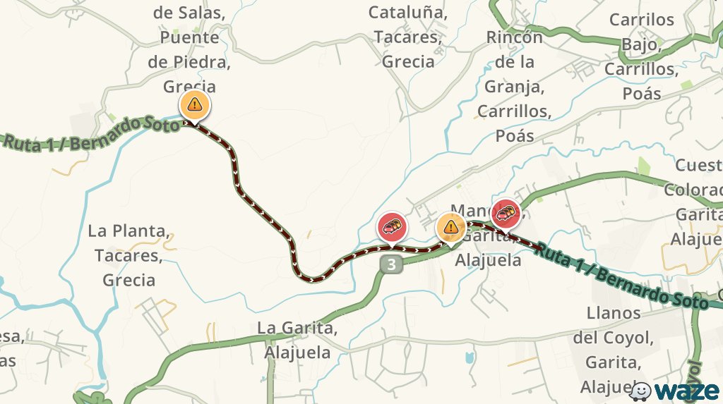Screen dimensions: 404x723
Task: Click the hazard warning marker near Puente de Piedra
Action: coord(194,105)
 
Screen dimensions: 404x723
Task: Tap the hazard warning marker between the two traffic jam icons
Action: coord(450,227)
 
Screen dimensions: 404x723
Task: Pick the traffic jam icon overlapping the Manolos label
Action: coord(506,213)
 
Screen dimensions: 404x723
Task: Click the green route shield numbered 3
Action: coord(393,265)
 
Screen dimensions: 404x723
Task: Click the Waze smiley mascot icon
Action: coord(640,391)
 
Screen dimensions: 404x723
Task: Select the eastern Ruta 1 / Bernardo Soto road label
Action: coord(621,276)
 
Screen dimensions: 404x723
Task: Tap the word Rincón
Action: coord(514,37)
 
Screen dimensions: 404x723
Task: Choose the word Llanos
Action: coord(614,312)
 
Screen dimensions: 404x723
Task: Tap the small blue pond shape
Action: coord(469,357)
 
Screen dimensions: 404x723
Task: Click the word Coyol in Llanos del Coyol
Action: coord(628,338)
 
